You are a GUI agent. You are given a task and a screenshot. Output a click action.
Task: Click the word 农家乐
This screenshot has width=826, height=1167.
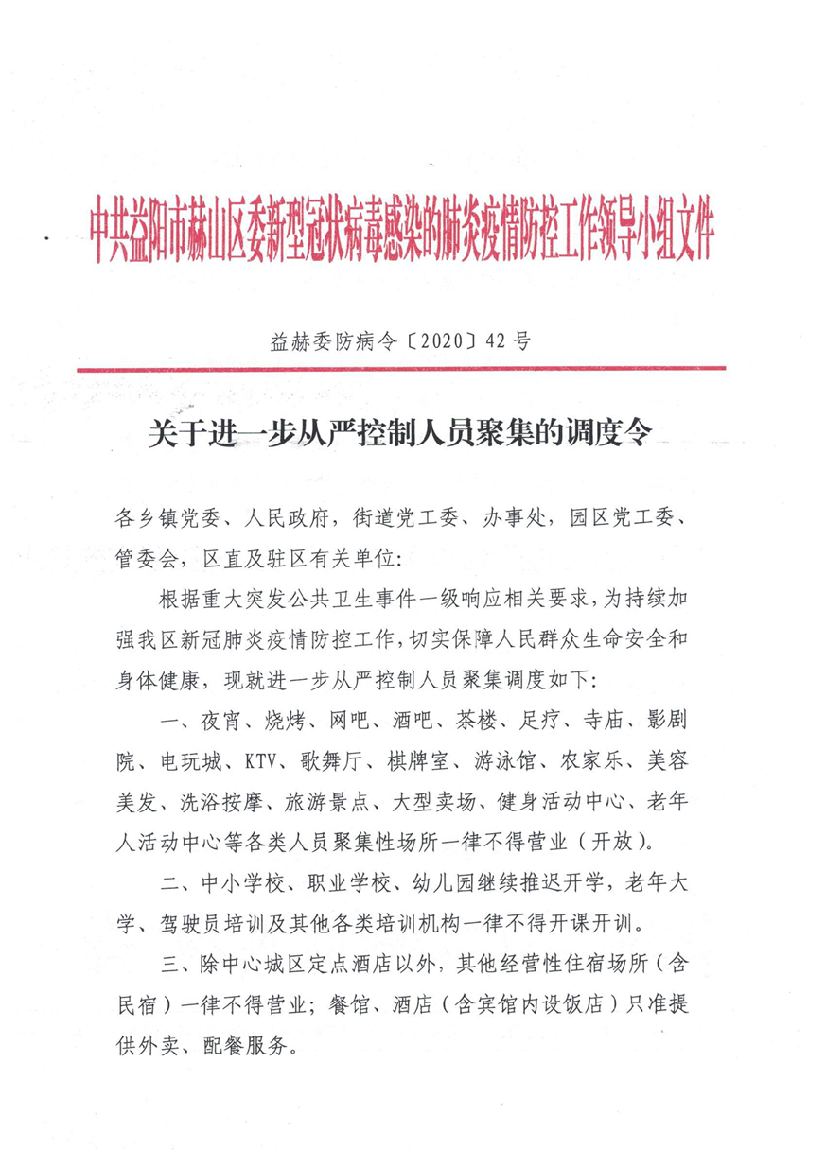point(621,759)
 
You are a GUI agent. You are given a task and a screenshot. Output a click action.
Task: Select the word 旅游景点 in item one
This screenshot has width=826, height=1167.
point(325,800)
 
